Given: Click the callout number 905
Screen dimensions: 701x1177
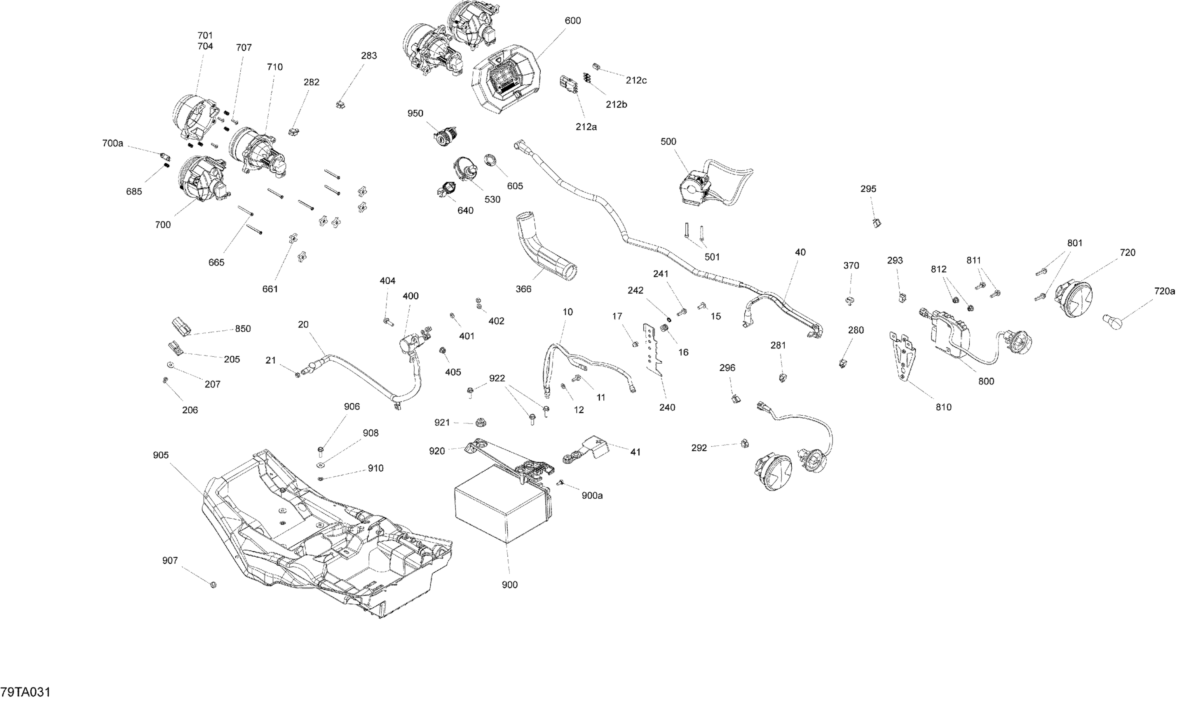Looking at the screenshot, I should tap(161, 455).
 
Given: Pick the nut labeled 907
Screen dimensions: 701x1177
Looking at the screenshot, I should tap(213, 585).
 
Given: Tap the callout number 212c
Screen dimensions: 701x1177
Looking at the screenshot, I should tap(636, 80).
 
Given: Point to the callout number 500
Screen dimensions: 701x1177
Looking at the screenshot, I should tap(668, 142).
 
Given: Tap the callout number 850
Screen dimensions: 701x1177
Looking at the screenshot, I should tap(243, 329).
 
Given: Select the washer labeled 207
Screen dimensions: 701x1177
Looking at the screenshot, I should tap(169, 365).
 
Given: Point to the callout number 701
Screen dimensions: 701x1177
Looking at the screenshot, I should tap(205, 35).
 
